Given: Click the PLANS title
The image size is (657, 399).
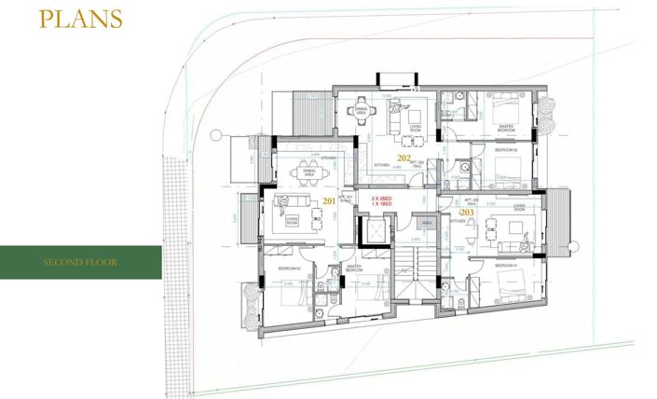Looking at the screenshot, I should click(x=80, y=19).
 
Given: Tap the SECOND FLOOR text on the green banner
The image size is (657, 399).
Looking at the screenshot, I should click(x=80, y=262).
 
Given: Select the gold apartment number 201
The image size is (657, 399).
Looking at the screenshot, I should click(x=329, y=200).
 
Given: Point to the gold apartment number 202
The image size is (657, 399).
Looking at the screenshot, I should click(x=404, y=158).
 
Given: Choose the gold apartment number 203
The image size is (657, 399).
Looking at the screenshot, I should click(x=467, y=213).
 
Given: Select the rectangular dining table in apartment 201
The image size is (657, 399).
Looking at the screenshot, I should click(x=307, y=173).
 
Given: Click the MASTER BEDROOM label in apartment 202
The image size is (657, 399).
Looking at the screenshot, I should click(x=507, y=128).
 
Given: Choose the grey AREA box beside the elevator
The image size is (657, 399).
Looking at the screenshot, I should click(x=428, y=224).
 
